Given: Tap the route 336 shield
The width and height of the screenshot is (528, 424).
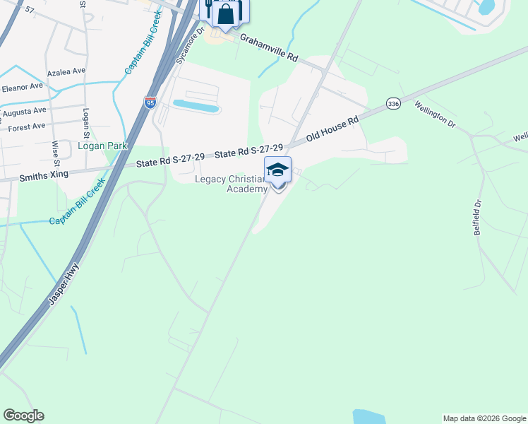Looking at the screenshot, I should [x=394, y=104].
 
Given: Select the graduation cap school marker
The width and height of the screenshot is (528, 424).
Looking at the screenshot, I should [x=277, y=170].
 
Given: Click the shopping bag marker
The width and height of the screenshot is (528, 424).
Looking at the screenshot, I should [x=226, y=13].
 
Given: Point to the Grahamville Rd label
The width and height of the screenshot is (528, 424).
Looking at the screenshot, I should [x=269, y=47].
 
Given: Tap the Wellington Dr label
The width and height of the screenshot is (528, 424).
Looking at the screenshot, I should [x=435, y=114].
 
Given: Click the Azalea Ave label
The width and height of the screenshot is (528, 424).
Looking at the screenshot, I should [x=66, y=72].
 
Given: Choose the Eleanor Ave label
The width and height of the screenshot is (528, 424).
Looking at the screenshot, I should [x=23, y=88].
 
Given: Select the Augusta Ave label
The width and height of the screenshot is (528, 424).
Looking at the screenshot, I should [x=24, y=112].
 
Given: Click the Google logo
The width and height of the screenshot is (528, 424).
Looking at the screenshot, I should [x=23, y=415].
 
